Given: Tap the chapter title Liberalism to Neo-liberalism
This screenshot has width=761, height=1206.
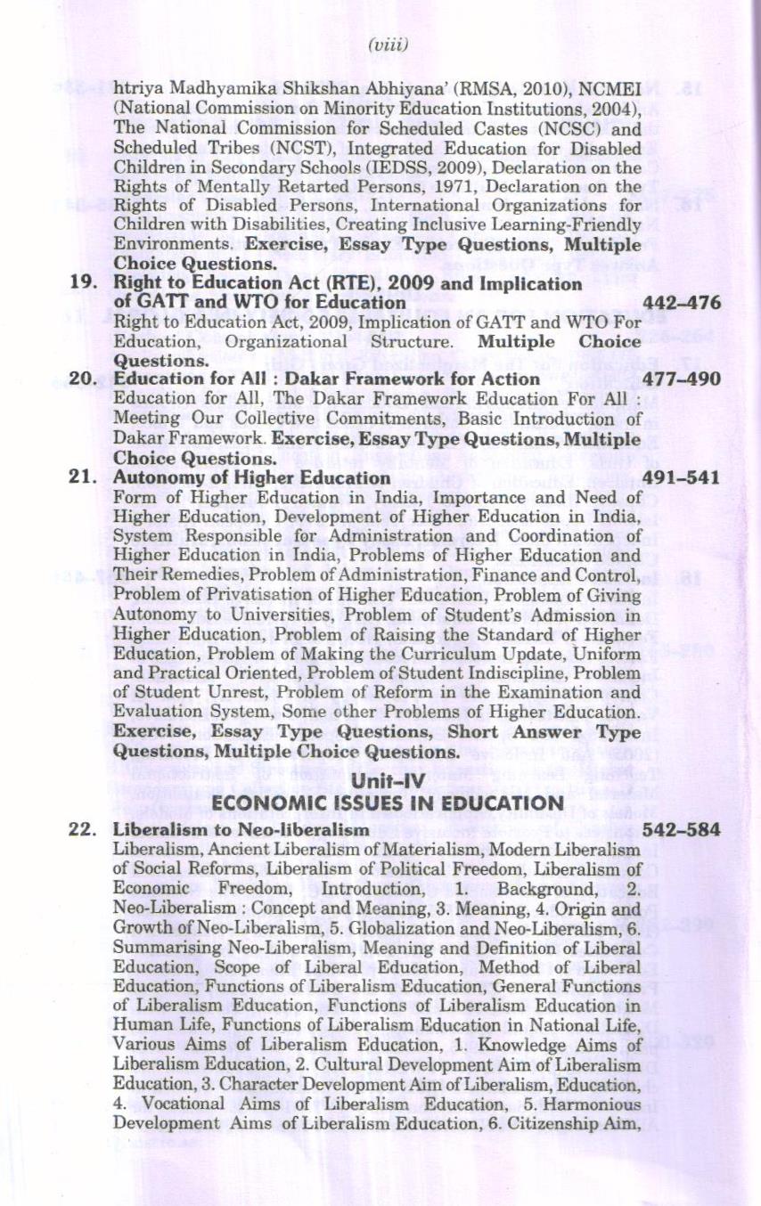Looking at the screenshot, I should pyautogui.click(x=241, y=829).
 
